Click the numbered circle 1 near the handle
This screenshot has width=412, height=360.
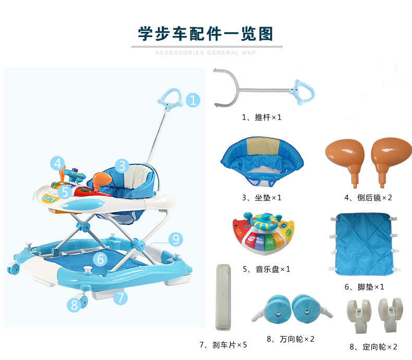pos(193,100)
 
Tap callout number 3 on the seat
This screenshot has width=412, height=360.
pos(122,166)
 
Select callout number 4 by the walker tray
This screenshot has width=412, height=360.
pos(57,163)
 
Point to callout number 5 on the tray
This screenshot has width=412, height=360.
pos(65,192)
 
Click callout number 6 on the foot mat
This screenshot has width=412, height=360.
pos(100,259)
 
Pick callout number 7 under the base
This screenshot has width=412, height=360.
pos(120,298)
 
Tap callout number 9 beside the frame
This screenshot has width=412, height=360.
pos(176,239)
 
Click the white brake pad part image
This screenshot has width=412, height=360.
pos(223,297)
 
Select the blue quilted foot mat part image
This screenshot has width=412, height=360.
pos(365,244)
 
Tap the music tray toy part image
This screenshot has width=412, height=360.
pos(263,233)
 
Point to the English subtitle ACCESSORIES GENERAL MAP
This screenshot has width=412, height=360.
pos(205,53)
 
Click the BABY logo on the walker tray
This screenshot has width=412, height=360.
pos(51,198)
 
